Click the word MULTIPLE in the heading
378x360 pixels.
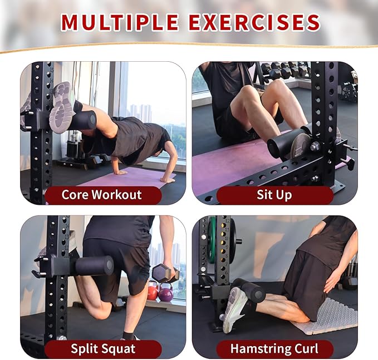point(120,22)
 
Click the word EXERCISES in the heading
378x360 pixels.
point(254,22)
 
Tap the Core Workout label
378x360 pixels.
point(101,195)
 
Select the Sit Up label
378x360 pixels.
point(274,195)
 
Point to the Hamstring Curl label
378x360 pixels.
point(274,349)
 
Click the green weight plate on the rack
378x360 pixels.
point(212,240)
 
